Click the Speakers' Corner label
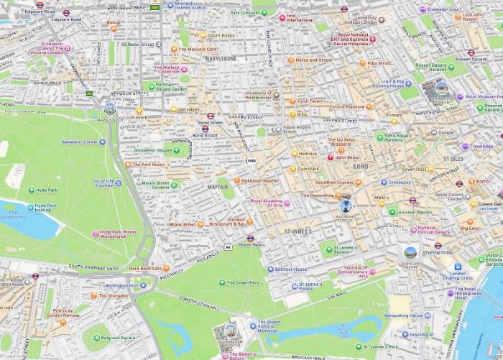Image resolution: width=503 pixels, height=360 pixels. coord(79,142)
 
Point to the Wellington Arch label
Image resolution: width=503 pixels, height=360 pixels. coord(126,285)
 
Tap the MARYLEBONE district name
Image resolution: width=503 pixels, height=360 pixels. coord(221,58)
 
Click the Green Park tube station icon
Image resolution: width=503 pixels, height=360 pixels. coord(250,238)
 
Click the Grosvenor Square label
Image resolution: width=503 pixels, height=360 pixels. coord(154,151)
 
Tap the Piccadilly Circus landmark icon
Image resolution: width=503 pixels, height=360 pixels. coord(346,206)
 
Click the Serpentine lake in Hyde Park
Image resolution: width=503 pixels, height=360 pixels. coord(29,224)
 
